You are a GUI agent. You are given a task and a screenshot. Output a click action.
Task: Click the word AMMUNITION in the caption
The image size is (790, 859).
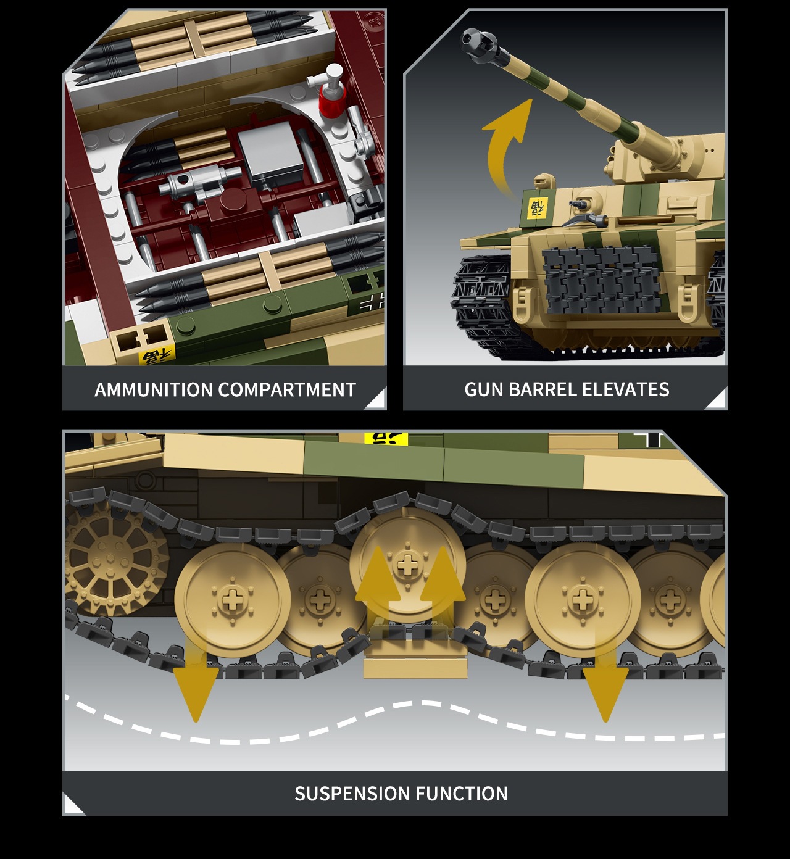[x=154, y=389]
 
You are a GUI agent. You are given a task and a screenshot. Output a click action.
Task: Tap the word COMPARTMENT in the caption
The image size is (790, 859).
[x=287, y=389]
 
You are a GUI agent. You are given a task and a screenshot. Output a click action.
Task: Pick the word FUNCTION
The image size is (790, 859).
[x=461, y=794]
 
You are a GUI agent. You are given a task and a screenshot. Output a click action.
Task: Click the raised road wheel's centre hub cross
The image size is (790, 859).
[x=405, y=565]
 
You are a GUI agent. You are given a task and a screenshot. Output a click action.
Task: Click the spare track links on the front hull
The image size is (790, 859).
[x=600, y=283]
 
